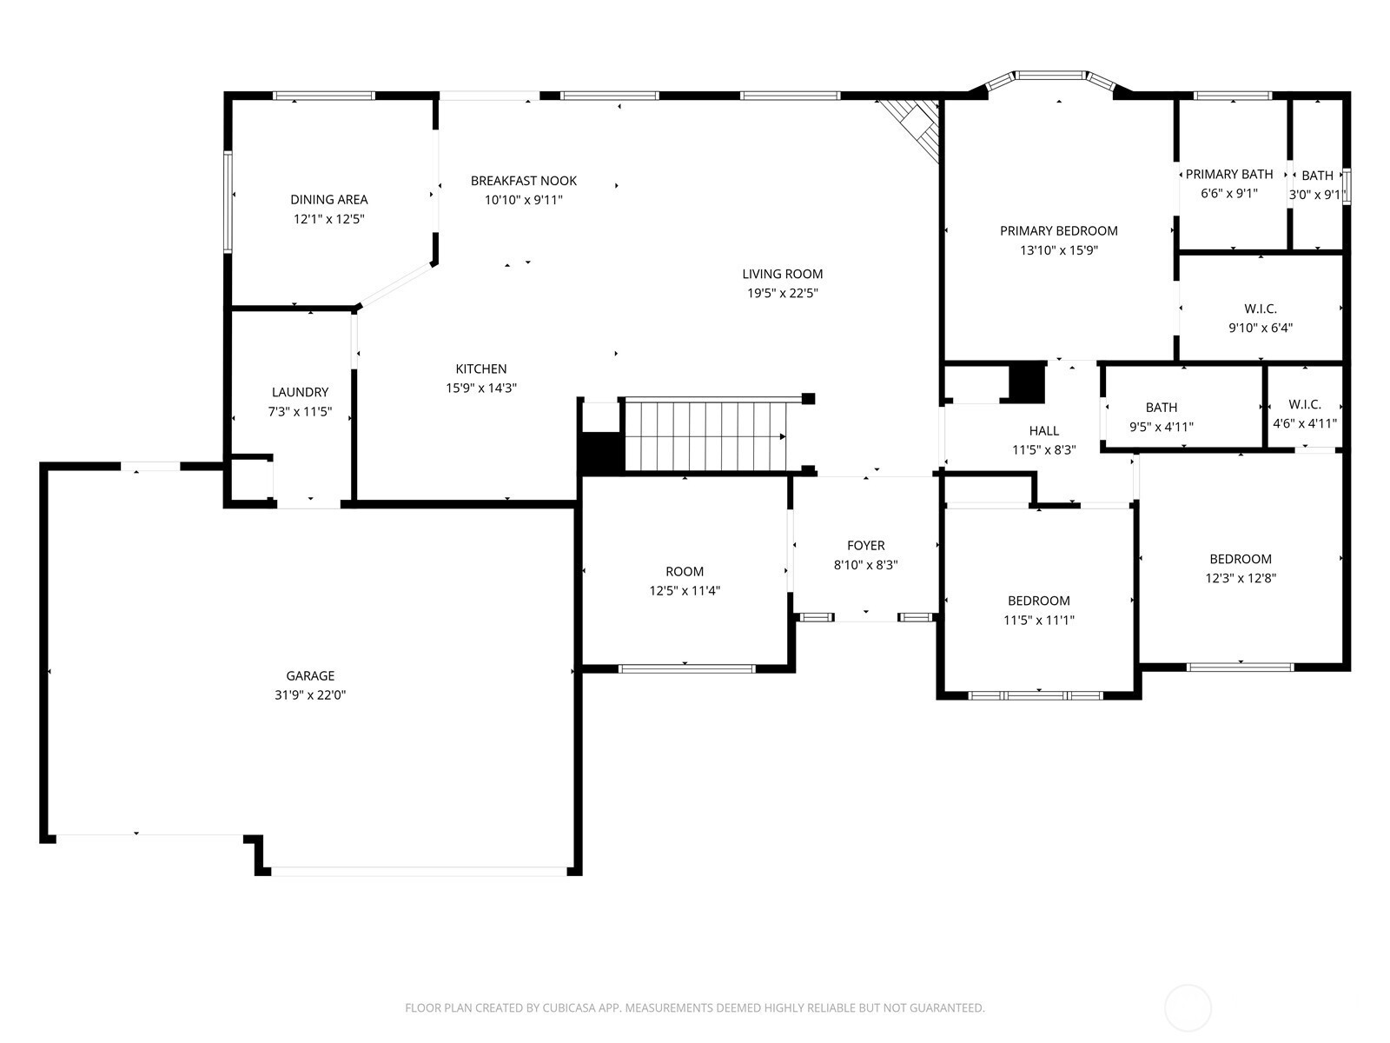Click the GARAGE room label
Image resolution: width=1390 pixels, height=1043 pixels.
pos(309,675)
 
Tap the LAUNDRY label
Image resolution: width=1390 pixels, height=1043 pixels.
pos(301,392)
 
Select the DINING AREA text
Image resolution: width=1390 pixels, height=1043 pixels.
pos(328,200)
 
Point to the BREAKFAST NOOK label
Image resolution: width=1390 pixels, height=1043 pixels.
pos(524,181)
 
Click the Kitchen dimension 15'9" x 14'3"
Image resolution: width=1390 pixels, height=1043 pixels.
pos(481,388)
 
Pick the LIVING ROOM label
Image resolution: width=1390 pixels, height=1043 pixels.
pos(783,274)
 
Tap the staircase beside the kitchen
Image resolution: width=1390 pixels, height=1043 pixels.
pos(705,435)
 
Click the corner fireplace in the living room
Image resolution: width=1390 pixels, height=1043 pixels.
pos(910,130)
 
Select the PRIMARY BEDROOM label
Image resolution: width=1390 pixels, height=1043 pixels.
pos(1059,230)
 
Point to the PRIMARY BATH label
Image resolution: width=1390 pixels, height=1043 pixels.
pos(1229,174)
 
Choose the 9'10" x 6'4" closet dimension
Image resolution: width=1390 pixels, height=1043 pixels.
pos(1261,328)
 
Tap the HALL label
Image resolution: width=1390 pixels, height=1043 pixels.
pos(1044,430)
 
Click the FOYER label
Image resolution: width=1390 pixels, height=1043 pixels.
pos(865,545)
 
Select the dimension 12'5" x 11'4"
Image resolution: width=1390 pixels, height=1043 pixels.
pos(685,590)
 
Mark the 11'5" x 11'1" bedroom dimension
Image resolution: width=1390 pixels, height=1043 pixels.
pos(1039,620)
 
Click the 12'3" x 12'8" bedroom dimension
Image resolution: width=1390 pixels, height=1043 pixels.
pos(1241,577)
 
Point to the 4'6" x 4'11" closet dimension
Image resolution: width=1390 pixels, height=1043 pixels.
pos(1305,423)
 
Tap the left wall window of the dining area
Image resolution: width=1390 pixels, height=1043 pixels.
pos(228,202)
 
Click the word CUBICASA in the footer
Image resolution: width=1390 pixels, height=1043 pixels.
pos(569,1007)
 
